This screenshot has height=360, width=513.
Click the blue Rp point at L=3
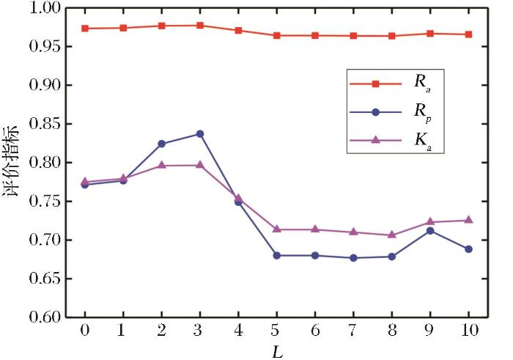coord(199,134)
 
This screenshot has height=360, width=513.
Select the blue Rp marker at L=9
coord(430,230)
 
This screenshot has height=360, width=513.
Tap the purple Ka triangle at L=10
coord(468,220)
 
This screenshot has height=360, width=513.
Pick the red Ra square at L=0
coord(85,29)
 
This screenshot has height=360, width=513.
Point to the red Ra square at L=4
coord(238,31)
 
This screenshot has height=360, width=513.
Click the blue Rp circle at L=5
coord(276,255)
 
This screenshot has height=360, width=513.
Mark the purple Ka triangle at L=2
coord(161,165)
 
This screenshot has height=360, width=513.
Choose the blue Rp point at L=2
coord(161,144)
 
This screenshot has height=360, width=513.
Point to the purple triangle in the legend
coord(374,138)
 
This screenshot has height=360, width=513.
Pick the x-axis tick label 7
coord(353,331)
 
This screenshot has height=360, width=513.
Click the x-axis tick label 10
coord(468,331)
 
